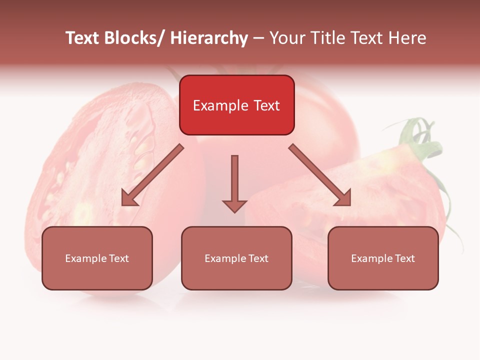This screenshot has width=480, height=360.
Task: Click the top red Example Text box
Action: tap(236, 105)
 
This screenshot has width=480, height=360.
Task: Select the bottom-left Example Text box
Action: tap(97, 258)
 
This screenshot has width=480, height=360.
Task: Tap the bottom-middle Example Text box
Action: tap(236, 258)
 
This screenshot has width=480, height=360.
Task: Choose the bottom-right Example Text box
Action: tap(383, 258)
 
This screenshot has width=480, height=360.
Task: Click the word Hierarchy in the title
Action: tap(209, 38)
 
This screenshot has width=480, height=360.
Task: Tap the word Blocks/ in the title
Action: tap(136, 38)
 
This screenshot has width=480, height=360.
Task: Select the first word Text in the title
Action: tap(84, 38)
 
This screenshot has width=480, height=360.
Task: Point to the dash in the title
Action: tap(258, 38)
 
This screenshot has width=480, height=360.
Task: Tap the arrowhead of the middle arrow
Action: tap(234, 206)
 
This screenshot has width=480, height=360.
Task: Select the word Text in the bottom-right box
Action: tap(405, 258)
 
